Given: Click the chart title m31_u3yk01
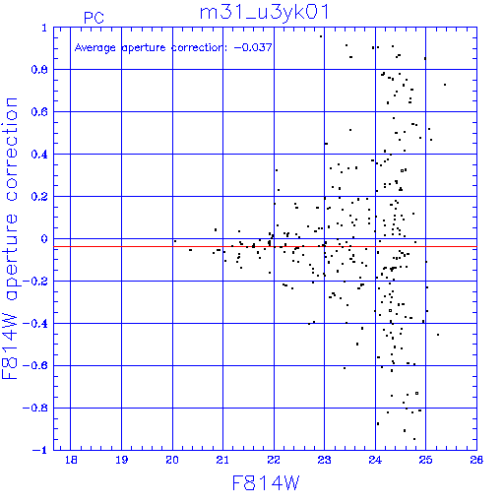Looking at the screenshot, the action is pos(264,13).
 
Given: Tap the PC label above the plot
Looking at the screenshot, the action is pos(94,18).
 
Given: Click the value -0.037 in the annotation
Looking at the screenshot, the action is pos(253,47).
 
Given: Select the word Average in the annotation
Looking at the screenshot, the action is pos(95,48).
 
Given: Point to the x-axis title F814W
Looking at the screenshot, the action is pos(266,483).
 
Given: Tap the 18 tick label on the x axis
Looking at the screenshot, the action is pos(71,460).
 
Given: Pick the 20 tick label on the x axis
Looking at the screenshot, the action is pos(172,460).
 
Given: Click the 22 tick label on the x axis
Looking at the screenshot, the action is pos(274,460).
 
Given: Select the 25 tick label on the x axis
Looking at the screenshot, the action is pos(425,460).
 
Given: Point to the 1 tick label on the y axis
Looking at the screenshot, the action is pos(44,28).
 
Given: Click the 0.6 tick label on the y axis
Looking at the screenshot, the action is pos(39,111).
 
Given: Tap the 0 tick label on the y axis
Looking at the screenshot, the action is pos(44,238).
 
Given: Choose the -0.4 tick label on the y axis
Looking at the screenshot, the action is pos(35,324).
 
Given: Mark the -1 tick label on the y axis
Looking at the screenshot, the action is pos(40,450).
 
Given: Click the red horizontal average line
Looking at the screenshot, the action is pos(265,246).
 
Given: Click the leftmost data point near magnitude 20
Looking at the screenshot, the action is pos(175,241).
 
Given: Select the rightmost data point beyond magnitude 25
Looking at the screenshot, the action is pos(445,85).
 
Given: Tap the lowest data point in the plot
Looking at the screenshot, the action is pos(414,439).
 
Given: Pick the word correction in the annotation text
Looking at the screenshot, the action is pos(198,47).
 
